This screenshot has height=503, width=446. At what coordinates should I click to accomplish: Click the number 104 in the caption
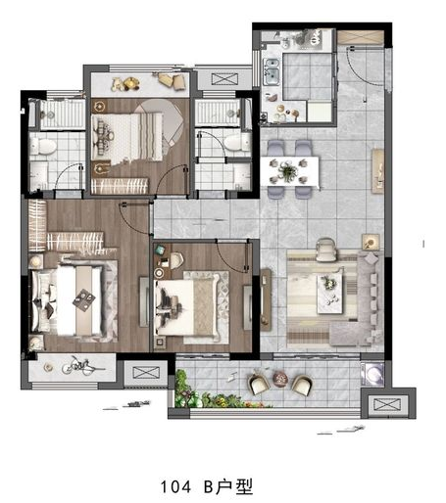tap(175, 486)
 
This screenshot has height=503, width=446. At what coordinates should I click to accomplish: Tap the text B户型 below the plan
tap(228, 486)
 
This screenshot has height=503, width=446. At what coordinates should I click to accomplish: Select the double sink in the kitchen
tap(272, 71)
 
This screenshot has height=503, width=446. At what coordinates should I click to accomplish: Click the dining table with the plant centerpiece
tap(289, 171)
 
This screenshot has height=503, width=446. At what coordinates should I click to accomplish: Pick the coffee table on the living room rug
tap(330, 294)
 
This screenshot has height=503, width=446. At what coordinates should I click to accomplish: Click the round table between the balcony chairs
tap(280, 380)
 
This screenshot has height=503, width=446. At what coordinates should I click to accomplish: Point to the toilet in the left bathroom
tap(42, 146)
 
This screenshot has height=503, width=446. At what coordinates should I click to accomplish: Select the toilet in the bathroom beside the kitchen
tap(236, 143)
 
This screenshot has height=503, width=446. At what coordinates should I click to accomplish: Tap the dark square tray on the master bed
tap(84, 299)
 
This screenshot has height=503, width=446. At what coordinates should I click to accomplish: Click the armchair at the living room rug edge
tap(325, 250)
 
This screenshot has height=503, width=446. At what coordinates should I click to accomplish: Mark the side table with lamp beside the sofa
tap(371, 243)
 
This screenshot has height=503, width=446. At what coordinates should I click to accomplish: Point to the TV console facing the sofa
tap(266, 300)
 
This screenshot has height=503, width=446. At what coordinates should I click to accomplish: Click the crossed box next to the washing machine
tap(387, 404)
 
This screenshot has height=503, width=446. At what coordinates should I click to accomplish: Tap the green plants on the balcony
tap(209, 393)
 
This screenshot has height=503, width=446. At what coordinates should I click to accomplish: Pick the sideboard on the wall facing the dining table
tap(378, 171)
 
